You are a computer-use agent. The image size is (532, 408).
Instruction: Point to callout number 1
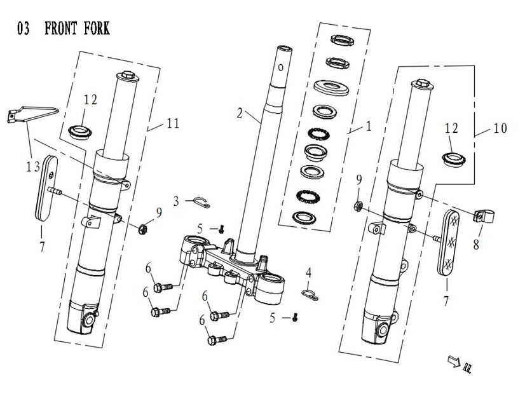point(367,126)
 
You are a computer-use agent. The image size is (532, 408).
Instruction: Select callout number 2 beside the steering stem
point(240,114)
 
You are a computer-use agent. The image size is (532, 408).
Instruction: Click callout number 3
point(176,201)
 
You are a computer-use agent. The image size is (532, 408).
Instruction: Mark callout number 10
point(499,129)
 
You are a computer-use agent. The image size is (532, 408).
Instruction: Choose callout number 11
point(173,125)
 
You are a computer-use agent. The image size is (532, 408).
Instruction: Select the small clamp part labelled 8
point(482,217)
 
